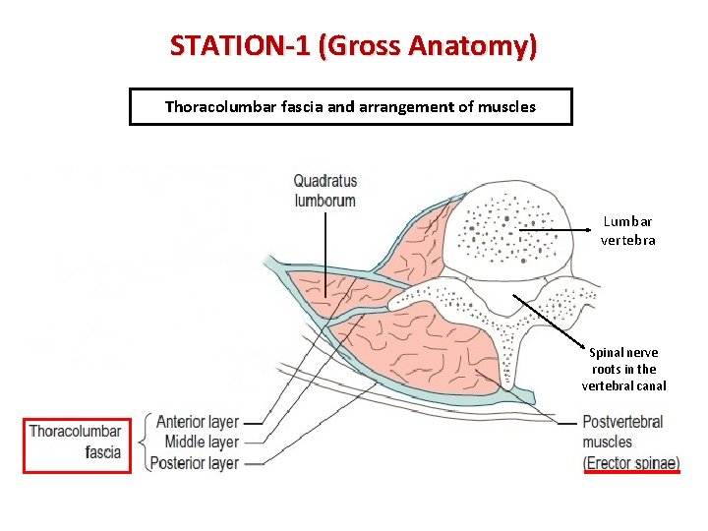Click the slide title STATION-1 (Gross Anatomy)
pyautogui.click(x=353, y=45)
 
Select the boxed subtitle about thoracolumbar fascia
pyautogui.click(x=350, y=106)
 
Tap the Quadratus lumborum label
pyautogui.click(x=324, y=191)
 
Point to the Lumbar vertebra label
pyautogui.click(x=627, y=231)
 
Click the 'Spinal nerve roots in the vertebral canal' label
pyautogui.click(x=623, y=369)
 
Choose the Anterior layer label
pyautogui.click(x=198, y=423)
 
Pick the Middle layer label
pyautogui.click(x=201, y=442)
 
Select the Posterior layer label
pyautogui.click(x=198, y=462)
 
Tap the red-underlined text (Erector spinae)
pyautogui.click(x=631, y=462)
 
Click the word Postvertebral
pyautogui.click(x=622, y=423)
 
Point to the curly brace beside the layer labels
pyautogui.click(x=148, y=442)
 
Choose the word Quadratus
pyautogui.click(x=324, y=181)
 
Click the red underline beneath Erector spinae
pyautogui.click(x=631, y=472)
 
